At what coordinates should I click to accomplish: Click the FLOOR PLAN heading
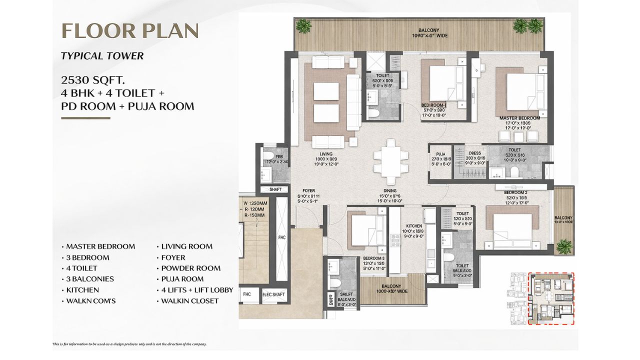coord(130,30)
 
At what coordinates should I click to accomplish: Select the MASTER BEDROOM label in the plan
coord(519,118)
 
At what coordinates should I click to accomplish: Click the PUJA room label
coord(440,154)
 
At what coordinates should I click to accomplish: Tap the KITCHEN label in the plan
coord(413,226)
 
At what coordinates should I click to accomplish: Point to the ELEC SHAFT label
coord(274,294)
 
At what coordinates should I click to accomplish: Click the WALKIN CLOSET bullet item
coord(189,301)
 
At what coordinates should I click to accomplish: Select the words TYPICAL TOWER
coord(102,56)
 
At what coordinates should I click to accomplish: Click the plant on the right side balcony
coord(564,245)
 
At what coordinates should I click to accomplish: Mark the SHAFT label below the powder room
coord(275,189)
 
